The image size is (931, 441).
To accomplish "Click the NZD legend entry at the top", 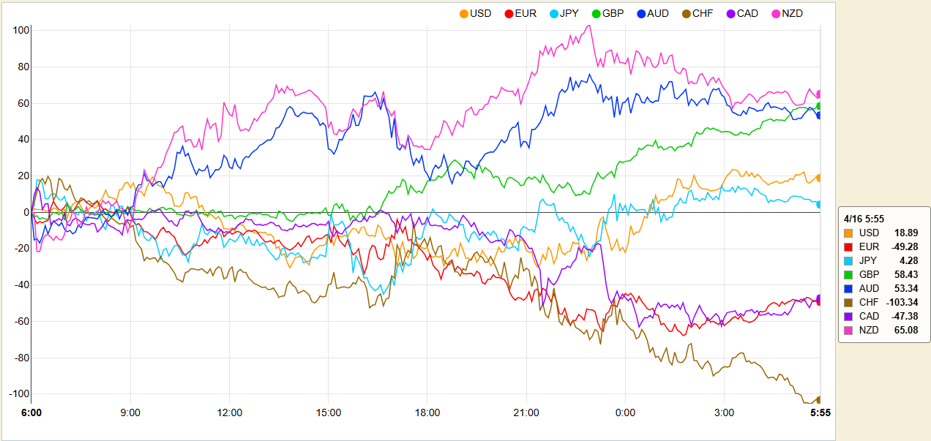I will [x=785, y=13].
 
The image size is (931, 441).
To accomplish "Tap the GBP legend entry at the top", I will [x=607, y=13].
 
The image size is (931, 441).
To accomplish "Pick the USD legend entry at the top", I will [x=474, y=13].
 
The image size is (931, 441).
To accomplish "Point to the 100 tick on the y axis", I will [x=20, y=31].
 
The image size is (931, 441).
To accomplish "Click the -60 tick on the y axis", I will [x=20, y=321].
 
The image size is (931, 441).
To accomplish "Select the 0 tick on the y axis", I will [x=25, y=213].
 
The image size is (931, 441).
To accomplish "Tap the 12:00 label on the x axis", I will [x=230, y=412].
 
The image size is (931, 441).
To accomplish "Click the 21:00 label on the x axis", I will [x=526, y=412].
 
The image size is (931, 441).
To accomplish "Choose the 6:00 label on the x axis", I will [x=31, y=412].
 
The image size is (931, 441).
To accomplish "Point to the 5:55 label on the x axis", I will [x=820, y=412].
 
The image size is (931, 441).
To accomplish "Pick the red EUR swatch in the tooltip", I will [x=849, y=246].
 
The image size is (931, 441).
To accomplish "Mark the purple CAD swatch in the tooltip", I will [x=849, y=316].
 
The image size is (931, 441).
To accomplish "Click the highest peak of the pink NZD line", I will [x=588, y=26].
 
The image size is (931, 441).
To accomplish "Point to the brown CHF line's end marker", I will [x=819, y=399].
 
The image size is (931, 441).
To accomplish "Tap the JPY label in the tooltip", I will [x=869, y=260].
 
